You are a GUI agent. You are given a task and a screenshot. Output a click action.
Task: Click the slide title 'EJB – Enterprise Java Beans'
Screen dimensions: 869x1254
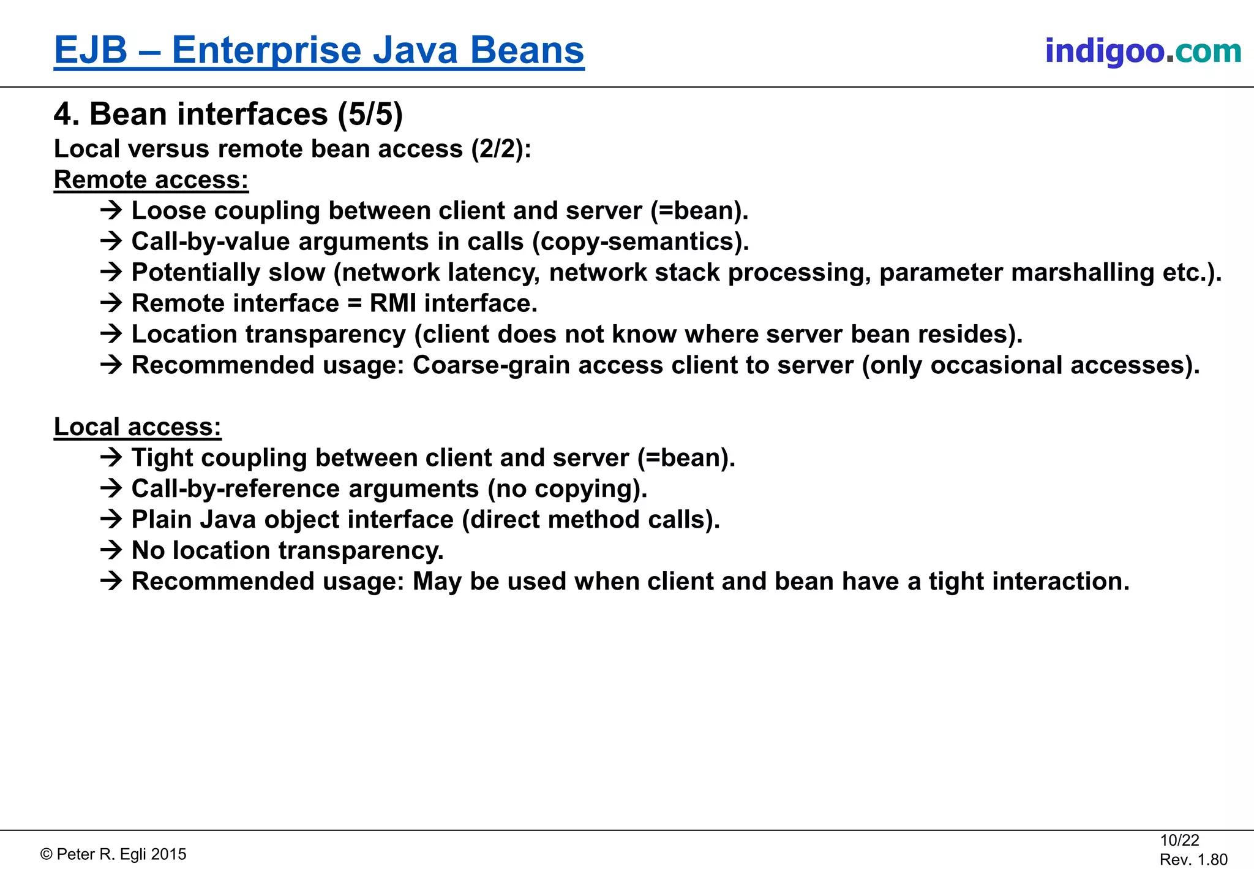tap(319, 50)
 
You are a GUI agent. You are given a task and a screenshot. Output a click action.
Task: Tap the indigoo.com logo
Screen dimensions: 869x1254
tap(1143, 51)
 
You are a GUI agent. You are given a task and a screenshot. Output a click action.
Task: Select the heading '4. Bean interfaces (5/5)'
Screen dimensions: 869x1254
tap(228, 114)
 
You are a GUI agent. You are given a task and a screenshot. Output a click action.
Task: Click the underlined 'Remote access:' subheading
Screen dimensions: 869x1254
tap(151, 180)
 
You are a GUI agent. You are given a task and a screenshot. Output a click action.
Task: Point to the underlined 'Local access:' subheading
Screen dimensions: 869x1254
tap(138, 427)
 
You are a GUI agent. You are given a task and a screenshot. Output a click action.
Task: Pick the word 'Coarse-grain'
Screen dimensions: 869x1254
tap(492, 365)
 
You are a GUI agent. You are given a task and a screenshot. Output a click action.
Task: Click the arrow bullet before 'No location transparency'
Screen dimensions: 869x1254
tap(111, 550)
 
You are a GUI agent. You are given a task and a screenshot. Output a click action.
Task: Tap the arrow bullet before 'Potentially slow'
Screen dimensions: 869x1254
tap(111, 272)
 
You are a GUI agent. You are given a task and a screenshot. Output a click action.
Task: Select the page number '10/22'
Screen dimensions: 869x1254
tap(1179, 840)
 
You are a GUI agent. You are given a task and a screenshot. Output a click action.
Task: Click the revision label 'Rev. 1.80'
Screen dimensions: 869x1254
tap(1193, 859)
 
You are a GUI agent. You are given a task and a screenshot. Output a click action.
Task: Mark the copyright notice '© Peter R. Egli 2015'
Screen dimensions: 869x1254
tap(113, 854)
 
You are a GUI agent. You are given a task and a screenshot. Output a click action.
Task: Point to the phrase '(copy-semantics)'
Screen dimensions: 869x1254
tap(640, 241)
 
